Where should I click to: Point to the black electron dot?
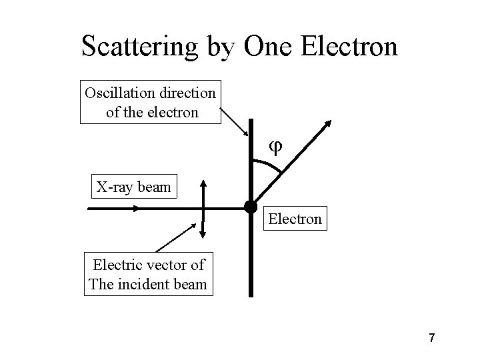(x=250, y=207)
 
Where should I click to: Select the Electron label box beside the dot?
(x=295, y=219)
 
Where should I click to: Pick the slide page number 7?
(x=432, y=339)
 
